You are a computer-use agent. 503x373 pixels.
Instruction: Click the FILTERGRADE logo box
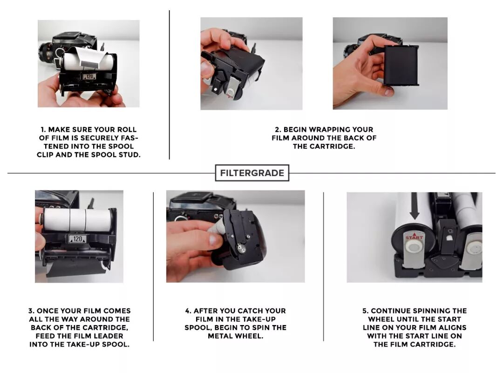point(252,173)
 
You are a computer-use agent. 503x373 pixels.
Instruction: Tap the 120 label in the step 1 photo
point(89,77)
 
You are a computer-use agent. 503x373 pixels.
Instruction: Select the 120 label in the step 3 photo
point(78,239)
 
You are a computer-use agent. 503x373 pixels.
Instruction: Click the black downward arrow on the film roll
point(415,205)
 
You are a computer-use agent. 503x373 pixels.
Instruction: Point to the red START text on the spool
point(414,237)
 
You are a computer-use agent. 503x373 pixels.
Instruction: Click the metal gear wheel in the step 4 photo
point(241,249)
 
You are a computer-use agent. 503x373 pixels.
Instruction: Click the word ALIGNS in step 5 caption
point(454,328)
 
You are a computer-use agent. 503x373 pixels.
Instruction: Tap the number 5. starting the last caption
point(366,311)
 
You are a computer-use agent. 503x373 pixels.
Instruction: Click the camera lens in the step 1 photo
point(45,51)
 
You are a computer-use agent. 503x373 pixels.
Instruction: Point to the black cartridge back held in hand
point(401,66)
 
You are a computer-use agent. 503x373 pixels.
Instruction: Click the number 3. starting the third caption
point(31,311)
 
